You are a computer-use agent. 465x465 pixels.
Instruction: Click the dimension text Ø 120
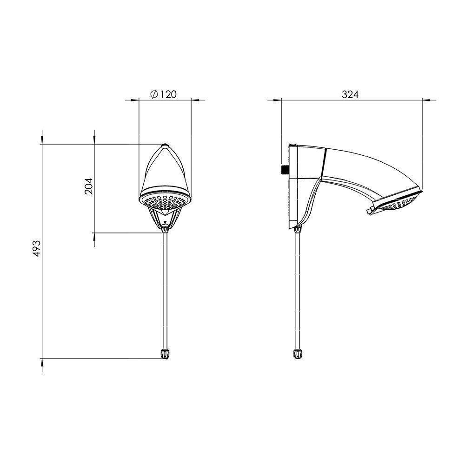164,94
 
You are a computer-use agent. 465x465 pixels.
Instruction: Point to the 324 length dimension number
350,94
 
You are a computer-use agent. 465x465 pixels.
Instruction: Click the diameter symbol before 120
154,94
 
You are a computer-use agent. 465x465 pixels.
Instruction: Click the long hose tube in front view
165,288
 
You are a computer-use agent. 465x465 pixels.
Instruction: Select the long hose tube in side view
297,288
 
